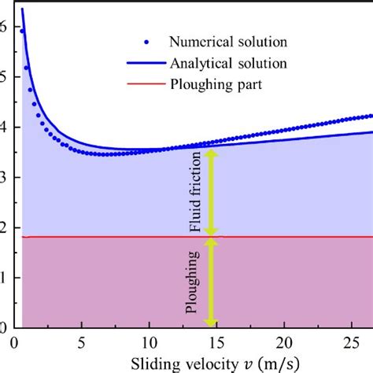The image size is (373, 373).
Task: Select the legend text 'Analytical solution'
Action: [225, 61]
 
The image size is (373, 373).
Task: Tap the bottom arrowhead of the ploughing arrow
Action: [210, 323]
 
